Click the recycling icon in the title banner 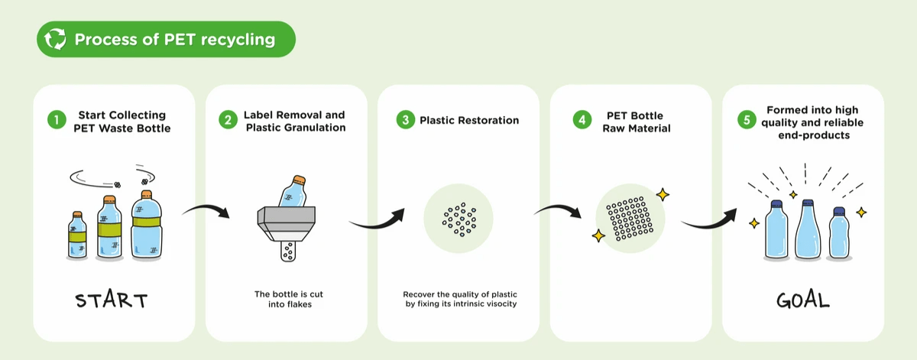[x=56, y=40]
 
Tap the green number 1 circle [x=56, y=120]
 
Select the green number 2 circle [x=228, y=120]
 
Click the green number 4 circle [x=582, y=121]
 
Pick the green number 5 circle [x=746, y=120]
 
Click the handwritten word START [x=112, y=300]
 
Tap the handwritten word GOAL [x=802, y=300]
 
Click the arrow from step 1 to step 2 [x=207, y=208]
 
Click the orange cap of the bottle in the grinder [x=300, y=180]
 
